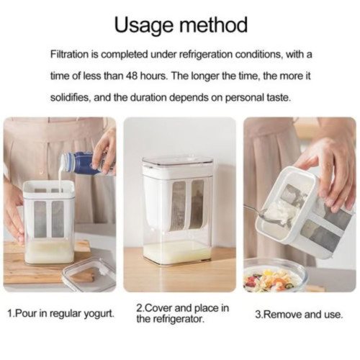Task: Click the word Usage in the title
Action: point(143,25)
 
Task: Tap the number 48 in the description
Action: point(132,76)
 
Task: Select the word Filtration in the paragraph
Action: point(70,55)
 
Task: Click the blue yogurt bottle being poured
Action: point(88,163)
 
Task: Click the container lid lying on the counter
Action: point(89,274)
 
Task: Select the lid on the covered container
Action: point(178,162)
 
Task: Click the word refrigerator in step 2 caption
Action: point(179,320)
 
